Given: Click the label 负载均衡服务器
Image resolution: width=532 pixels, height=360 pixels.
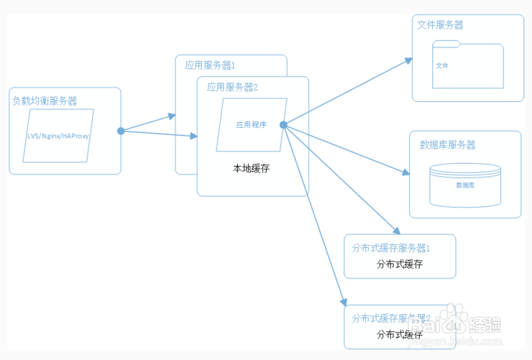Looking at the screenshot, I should coord(45,101).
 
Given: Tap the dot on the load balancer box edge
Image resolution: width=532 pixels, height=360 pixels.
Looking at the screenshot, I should coord(121,131).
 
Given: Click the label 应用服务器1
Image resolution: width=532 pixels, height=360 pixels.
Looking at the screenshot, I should coord(210,65).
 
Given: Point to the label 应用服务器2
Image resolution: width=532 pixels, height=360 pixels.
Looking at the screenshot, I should coord(232,87).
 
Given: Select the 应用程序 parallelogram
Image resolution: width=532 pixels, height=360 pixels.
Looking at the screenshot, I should coord(252,124).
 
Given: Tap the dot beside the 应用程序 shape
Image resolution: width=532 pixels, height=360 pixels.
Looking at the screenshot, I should coord(284,125).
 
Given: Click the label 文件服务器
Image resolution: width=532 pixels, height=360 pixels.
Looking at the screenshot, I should coord(440,24).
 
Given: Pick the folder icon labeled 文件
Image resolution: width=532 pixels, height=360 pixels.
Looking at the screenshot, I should coord(468,66).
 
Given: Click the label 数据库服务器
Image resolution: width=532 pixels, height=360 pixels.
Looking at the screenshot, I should coord(447,144).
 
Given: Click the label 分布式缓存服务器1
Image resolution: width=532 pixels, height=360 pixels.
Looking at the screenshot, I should coord(390,248).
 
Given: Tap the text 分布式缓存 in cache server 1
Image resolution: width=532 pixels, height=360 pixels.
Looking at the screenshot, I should coord(399,264).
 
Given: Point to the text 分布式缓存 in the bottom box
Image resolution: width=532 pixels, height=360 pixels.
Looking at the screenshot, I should coord(399,335).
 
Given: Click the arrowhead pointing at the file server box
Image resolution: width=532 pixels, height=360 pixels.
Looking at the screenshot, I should coord(408,61).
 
